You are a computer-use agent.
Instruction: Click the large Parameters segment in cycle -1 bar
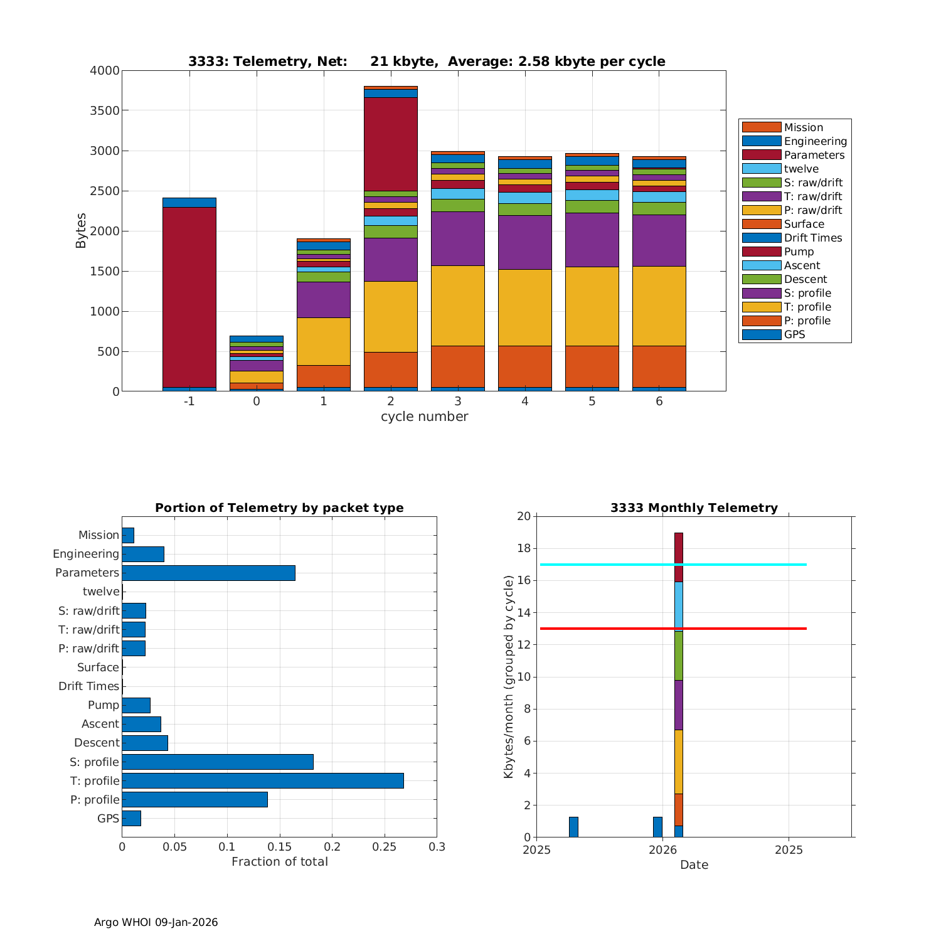click(x=189, y=297)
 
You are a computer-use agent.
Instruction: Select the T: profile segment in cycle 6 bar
click(x=659, y=306)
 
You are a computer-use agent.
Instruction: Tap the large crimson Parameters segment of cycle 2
click(x=391, y=144)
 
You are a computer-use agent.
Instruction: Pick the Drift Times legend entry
click(x=812, y=238)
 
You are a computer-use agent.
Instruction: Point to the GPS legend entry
click(x=794, y=334)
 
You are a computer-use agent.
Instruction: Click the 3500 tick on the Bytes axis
click(x=105, y=111)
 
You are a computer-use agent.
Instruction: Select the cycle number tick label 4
click(x=525, y=401)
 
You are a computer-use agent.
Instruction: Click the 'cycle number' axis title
click(x=424, y=417)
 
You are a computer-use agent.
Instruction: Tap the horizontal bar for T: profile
click(x=262, y=780)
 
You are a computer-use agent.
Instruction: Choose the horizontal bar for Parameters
click(x=208, y=573)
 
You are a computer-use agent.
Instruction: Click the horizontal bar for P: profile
click(x=194, y=799)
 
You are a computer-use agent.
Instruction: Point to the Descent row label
click(x=97, y=743)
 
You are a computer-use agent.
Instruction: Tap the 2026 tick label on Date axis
click(x=662, y=850)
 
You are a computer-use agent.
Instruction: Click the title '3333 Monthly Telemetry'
click(x=694, y=508)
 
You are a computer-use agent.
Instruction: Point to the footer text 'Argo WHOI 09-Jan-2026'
click(x=156, y=922)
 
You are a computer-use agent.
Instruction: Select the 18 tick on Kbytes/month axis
click(x=523, y=549)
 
